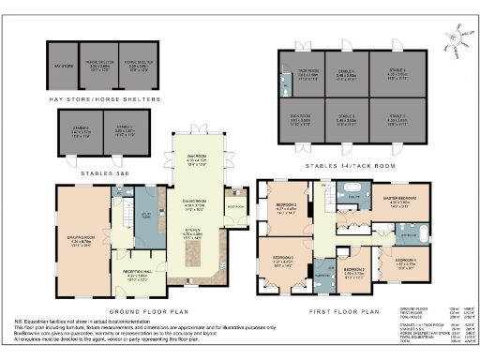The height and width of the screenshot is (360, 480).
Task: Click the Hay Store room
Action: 61,67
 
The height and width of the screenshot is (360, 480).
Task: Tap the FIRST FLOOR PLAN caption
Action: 349,310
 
